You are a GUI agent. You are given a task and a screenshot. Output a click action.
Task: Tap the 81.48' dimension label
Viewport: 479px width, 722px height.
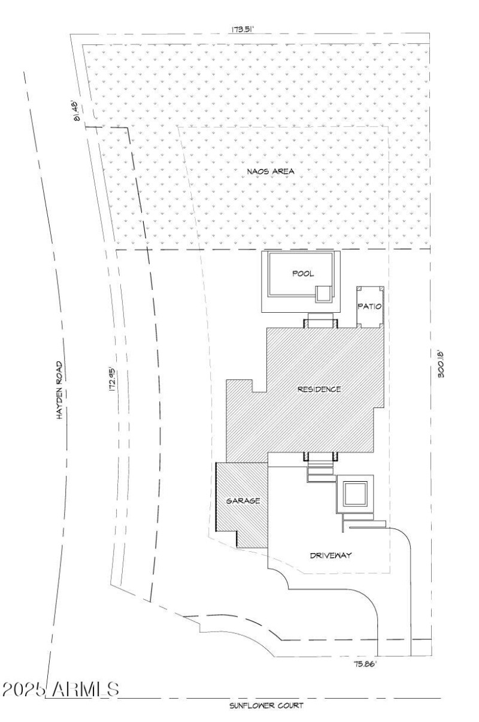pyautogui.click(x=77, y=110)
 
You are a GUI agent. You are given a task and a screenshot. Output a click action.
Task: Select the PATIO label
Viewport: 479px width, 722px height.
pyautogui.click(x=370, y=306)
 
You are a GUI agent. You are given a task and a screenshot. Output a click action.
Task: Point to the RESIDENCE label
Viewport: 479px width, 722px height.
pyautogui.click(x=319, y=389)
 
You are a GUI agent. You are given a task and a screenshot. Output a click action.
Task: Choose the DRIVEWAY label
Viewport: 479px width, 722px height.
pyautogui.click(x=330, y=555)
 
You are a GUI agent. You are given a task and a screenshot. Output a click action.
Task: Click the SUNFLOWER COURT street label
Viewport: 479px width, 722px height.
pyautogui.click(x=266, y=706)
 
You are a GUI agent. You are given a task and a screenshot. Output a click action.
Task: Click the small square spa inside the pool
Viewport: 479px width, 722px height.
pyautogui.click(x=323, y=293)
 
